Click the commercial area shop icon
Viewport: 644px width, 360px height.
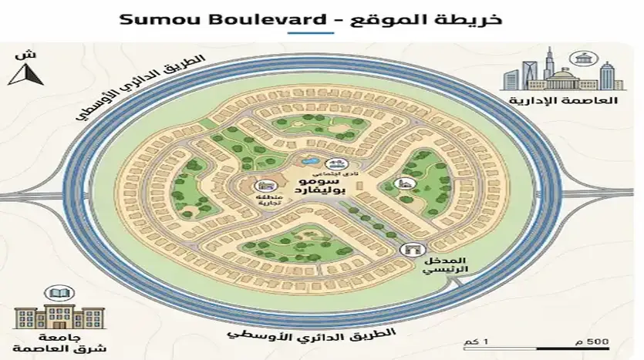(x=265, y=187)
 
